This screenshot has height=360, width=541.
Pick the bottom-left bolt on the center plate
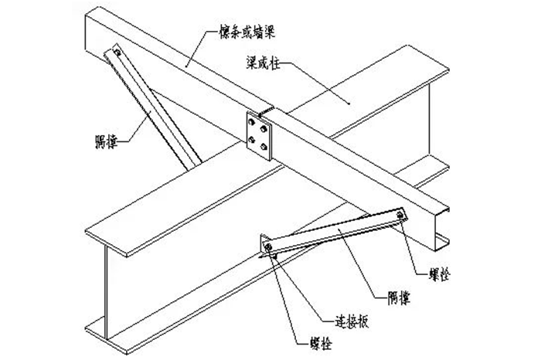pos(252,139)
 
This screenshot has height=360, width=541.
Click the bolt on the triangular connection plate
pos(267,247)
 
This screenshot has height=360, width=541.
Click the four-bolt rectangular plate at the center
pos(258,132)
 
